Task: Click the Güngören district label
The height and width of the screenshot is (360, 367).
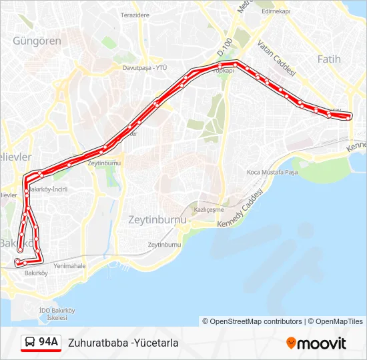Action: coord(37,41)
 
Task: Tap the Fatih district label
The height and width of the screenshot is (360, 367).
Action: coord(328,59)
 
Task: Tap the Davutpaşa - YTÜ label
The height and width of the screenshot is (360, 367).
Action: coord(144,67)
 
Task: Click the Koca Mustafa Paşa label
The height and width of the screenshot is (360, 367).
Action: coord(272,172)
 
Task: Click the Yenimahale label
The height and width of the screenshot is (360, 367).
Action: coord(70,265)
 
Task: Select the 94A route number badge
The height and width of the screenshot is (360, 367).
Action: coord(49,343)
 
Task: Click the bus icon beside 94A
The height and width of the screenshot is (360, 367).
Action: coord(30,343)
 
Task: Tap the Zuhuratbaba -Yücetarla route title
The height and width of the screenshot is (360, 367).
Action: coord(123,343)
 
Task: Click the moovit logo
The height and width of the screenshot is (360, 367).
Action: coord(316,343)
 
